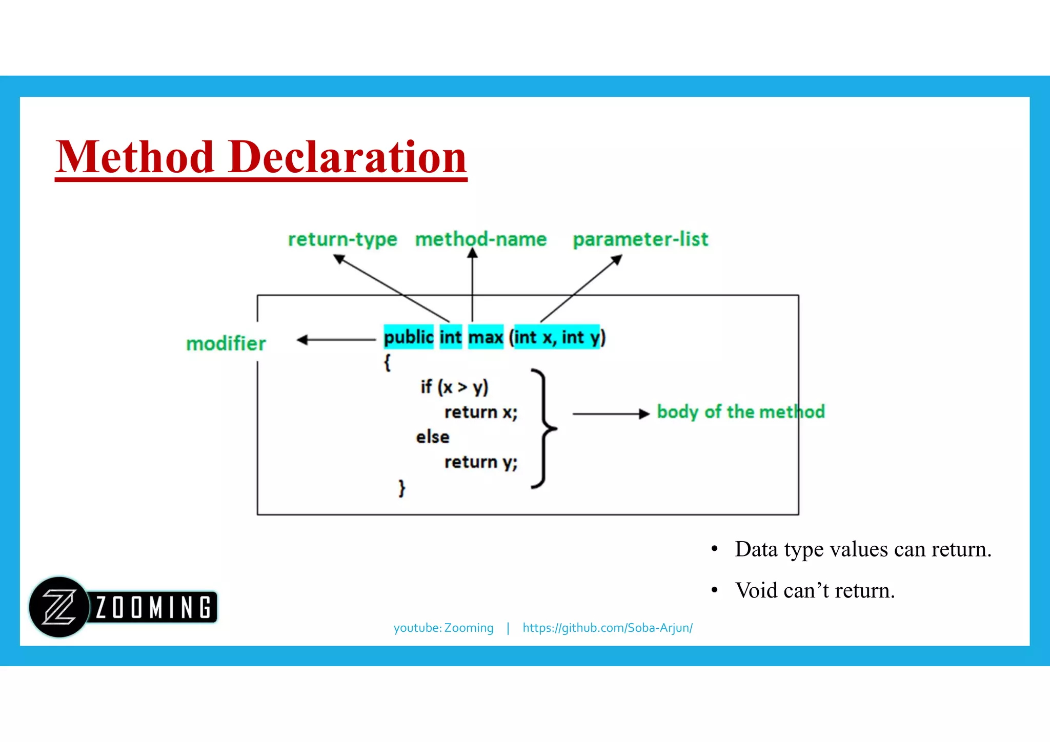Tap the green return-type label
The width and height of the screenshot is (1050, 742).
tap(342, 239)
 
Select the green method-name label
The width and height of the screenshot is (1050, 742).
tap(481, 239)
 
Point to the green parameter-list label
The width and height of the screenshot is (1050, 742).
tap(640, 239)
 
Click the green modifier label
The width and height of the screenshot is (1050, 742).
tap(226, 343)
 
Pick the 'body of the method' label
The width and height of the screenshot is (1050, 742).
tap(741, 412)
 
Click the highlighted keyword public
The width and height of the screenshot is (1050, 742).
tap(409, 337)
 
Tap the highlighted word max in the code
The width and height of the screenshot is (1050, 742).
tap(486, 337)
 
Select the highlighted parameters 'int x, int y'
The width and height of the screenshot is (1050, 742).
tap(557, 337)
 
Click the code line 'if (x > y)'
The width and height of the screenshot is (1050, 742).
tap(454, 387)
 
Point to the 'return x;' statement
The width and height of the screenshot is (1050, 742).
tap(480, 412)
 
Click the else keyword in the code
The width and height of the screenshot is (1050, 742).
tap(432, 437)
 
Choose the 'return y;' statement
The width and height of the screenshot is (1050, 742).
tap(480, 462)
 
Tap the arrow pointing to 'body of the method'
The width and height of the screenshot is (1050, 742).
tap(610, 414)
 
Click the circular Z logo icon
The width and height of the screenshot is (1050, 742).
tap(58, 607)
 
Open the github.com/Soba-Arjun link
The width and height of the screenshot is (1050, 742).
tap(608, 628)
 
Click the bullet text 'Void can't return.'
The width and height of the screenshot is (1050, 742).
tap(815, 591)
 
